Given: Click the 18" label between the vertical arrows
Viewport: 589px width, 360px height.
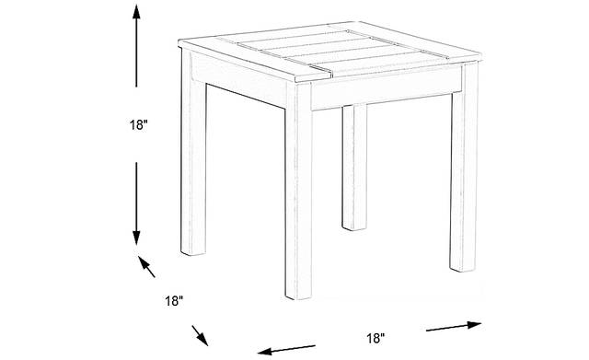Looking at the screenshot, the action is click(139, 125).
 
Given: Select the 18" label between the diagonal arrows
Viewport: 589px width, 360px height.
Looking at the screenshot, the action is click(174, 301).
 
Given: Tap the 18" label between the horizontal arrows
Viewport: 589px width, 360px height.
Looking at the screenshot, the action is click(375, 338).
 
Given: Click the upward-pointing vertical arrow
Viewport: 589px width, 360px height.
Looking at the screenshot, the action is click(136, 47).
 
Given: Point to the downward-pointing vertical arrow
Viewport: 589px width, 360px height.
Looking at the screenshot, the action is click(136, 203).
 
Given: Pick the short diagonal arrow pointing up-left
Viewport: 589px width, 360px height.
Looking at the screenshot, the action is click(146, 266).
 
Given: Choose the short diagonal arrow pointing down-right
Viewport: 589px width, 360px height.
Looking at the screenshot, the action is click(200, 335).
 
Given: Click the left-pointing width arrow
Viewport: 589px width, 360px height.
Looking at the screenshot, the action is click(286, 350).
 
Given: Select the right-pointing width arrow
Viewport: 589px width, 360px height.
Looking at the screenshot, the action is click(454, 326).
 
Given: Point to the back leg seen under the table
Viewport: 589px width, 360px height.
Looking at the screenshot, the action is click(354, 168).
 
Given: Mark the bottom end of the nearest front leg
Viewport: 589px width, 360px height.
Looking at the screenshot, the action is click(298, 296).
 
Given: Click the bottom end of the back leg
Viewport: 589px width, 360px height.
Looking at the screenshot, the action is click(354, 227).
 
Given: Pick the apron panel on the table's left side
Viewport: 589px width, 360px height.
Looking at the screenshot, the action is click(238, 80).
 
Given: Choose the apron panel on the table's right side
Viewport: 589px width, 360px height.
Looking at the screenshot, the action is click(387, 88).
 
